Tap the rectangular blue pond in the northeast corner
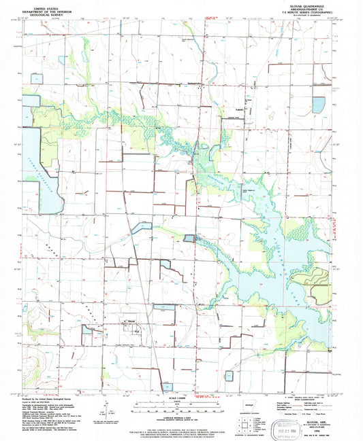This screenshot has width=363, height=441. (318, 105)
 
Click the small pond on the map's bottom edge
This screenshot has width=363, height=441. (167, 386)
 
